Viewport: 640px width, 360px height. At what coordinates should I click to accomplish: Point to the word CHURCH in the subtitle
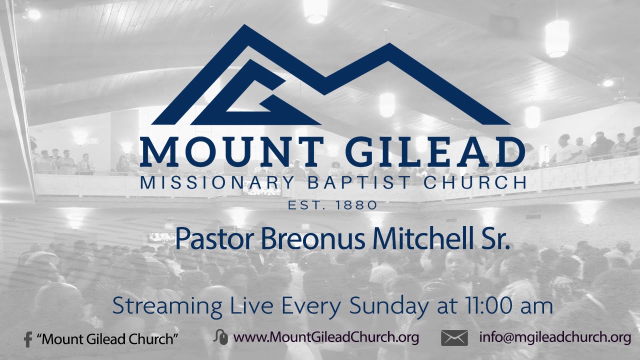click(x=475, y=183)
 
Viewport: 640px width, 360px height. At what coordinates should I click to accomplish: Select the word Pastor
click(x=215, y=239)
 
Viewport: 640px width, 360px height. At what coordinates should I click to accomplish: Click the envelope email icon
click(x=454, y=338)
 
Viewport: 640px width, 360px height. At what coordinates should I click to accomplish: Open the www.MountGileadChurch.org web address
click(x=326, y=338)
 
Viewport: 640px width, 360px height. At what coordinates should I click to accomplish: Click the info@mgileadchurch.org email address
click(x=555, y=338)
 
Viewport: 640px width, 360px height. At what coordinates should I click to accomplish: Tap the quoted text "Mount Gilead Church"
click(x=108, y=339)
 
